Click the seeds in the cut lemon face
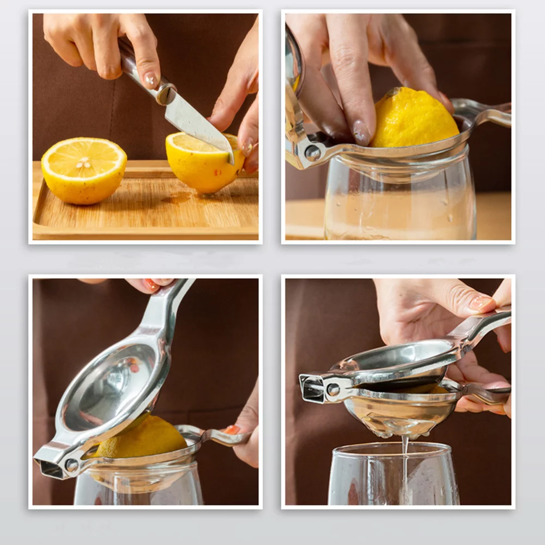(83, 162)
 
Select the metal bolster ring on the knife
(166, 94)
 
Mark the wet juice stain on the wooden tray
(177, 199)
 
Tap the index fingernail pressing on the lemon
(361, 132)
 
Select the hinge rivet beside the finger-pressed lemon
(313, 153)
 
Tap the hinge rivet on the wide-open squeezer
(71, 465)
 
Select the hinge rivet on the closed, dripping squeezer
(333, 390)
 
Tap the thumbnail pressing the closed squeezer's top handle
(481, 303)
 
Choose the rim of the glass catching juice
(392, 448)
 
